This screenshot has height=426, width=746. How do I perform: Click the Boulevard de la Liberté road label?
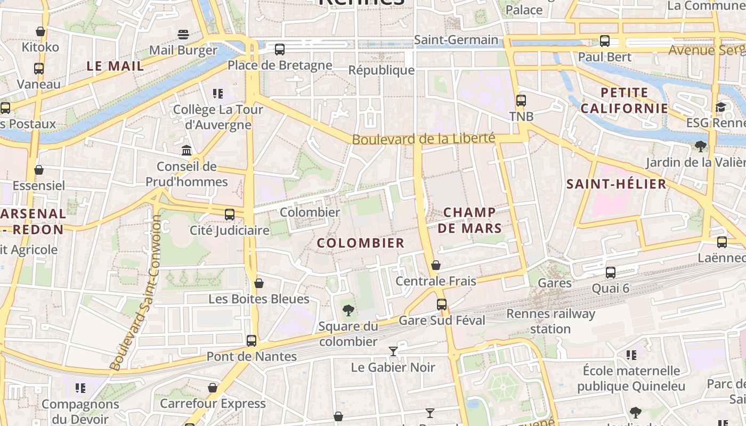tap(424, 139)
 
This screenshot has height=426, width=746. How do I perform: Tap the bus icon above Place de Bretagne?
tap(280, 50)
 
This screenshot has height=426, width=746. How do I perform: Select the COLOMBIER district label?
tap(361, 243)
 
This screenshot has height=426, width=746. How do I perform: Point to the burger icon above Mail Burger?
tap(183, 35)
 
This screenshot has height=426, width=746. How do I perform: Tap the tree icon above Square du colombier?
tap(348, 309)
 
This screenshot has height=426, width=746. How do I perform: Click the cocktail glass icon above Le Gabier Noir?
tap(393, 351)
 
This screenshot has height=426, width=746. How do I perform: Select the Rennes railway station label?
tap(550, 321)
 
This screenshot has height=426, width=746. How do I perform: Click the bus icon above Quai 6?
tap(611, 273)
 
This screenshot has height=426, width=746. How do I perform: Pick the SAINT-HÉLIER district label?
tap(616, 184)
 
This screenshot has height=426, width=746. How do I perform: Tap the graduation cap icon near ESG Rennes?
tap(720, 107)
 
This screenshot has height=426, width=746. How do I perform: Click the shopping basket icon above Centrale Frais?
tap(436, 265)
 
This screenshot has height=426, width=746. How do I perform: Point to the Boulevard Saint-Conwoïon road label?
tap(135, 296)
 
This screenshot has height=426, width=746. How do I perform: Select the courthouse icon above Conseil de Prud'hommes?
tap(186, 151)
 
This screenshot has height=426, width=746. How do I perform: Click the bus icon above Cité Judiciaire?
tap(230, 215)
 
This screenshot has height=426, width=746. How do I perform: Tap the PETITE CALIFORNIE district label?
tap(624, 101)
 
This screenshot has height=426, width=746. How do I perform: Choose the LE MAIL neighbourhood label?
tap(115, 66)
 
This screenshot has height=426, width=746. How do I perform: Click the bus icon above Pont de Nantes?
tap(252, 340)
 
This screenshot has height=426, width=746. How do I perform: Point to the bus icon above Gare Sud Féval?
tap(442, 305)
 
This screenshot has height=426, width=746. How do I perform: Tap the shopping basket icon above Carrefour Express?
tap(213, 388)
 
